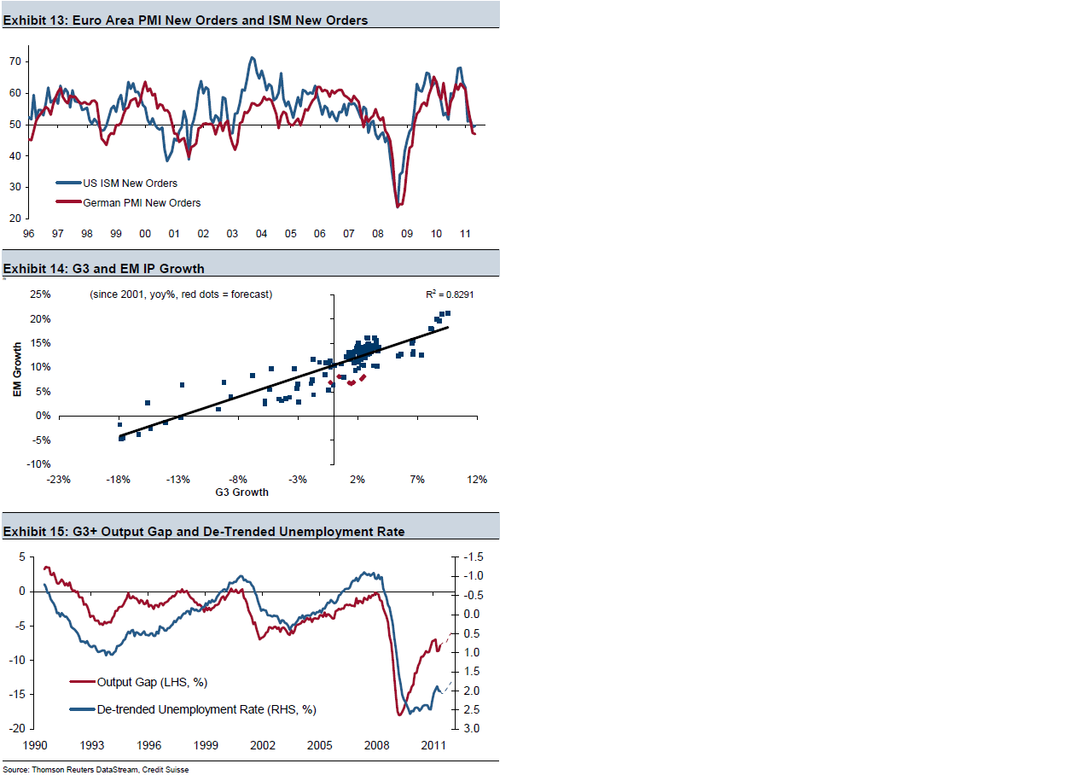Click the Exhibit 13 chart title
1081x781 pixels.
coord(186,20)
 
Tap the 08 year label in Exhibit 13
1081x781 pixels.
coord(377,234)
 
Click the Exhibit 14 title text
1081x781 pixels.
coord(104,268)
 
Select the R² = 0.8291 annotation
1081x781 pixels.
coord(450,294)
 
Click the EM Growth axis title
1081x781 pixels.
coord(17,369)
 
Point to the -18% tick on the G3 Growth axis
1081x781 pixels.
coord(118,480)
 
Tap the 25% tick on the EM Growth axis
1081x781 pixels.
coord(40,294)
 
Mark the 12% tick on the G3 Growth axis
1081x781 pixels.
coord(476,480)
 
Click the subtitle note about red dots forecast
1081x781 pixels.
coord(181,294)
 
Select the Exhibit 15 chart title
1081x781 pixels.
coord(204,531)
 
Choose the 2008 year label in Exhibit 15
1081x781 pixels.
coord(377,745)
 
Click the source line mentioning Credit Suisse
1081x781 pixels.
coord(96,770)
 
